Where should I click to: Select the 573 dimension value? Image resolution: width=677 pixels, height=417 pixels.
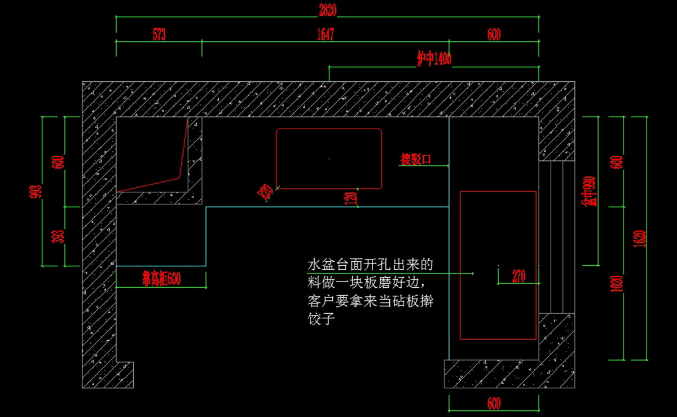click(159, 34)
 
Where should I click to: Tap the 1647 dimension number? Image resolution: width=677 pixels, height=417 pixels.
click(326, 34)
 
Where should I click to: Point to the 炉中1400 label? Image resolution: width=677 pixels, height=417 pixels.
click(434, 59)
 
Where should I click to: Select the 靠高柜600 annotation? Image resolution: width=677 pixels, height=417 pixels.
click(161, 278)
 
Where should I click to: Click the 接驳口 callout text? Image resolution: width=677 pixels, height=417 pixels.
click(416, 159)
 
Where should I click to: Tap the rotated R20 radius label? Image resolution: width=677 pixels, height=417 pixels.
click(266, 193)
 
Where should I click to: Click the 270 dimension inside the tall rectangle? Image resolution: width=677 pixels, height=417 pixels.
click(519, 276)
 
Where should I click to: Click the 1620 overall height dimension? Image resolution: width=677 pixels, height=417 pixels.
click(640, 238)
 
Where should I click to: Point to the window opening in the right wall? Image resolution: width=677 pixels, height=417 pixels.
click(557, 237)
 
